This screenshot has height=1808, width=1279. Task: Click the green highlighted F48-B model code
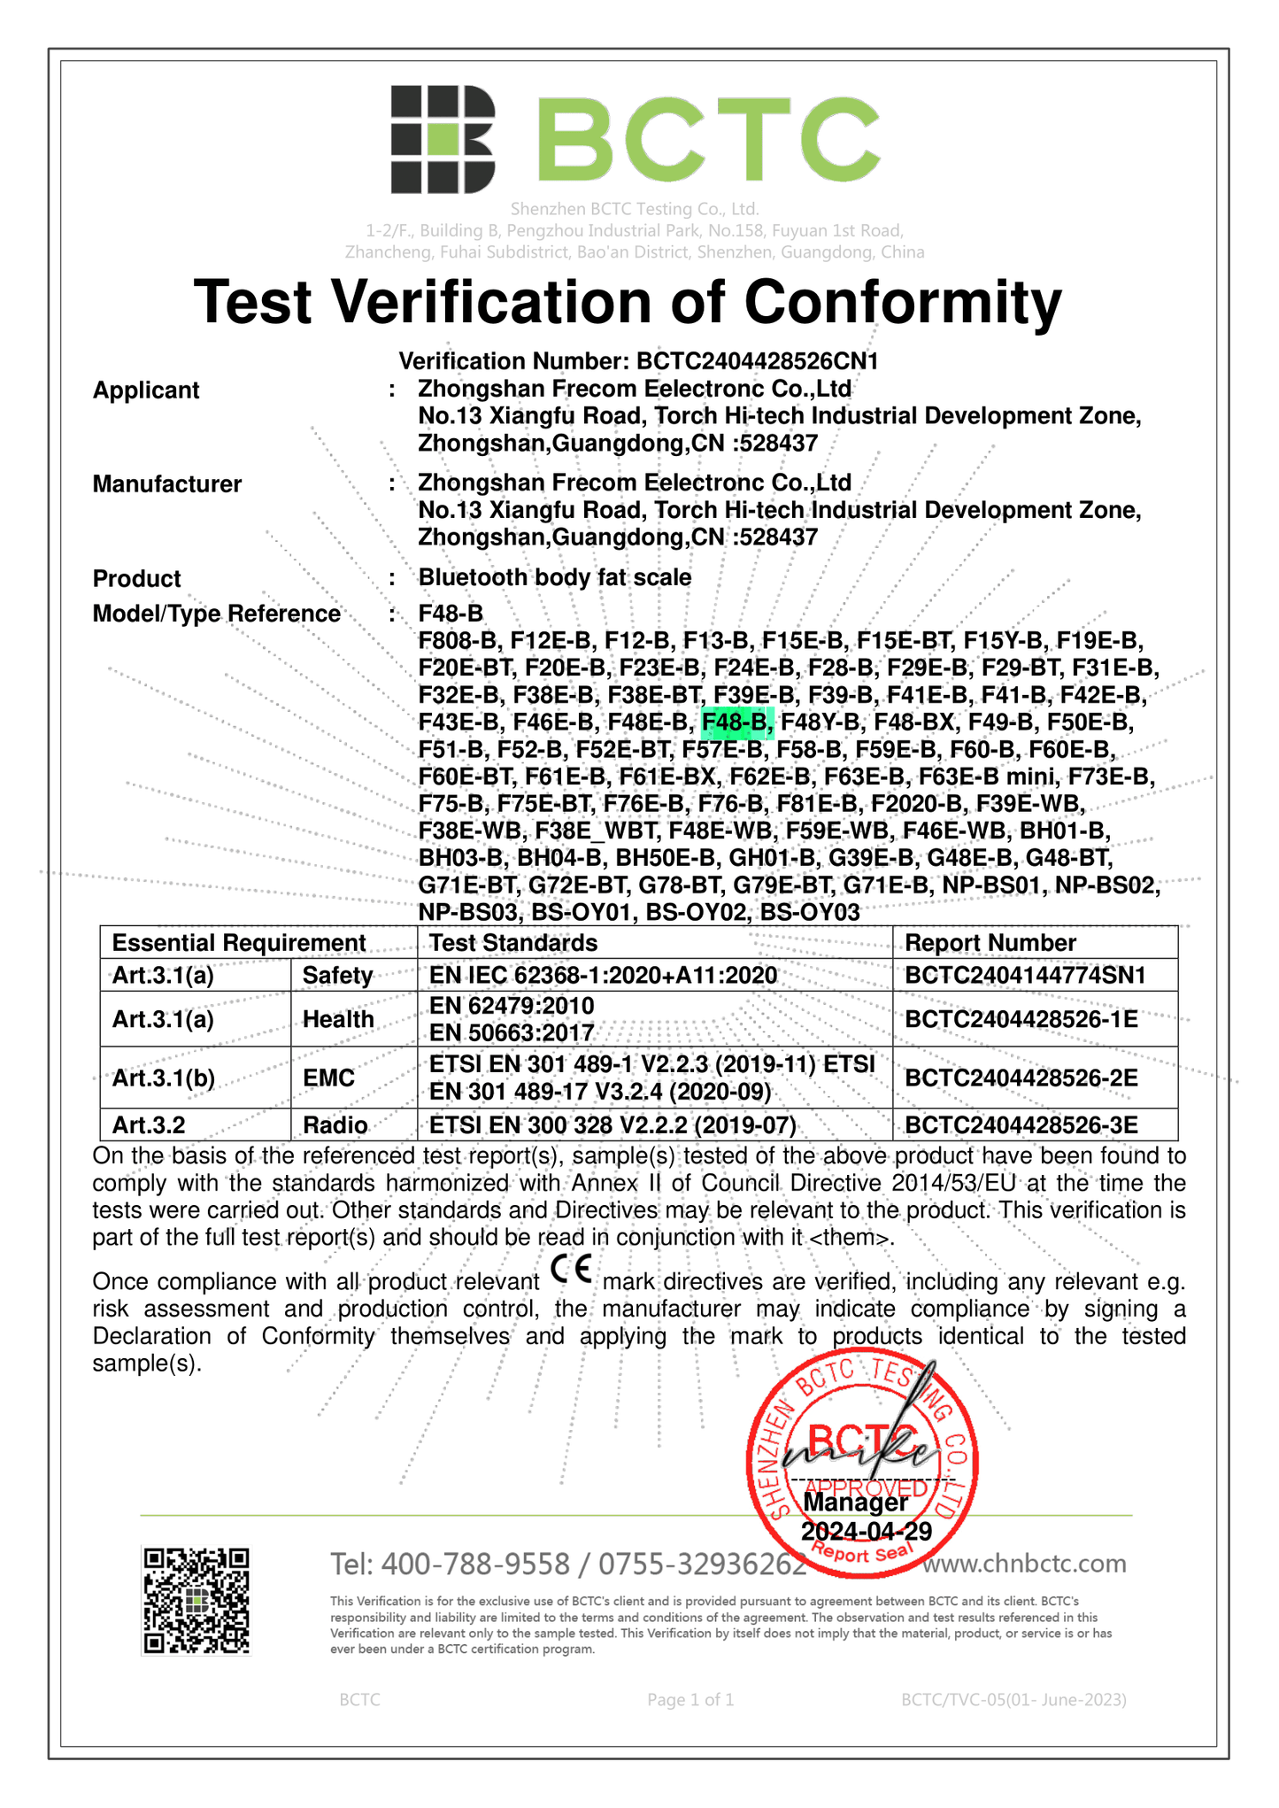pos(736,723)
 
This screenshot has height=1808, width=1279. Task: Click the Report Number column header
pos(990,943)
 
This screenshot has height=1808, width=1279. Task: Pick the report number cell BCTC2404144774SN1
pos(1025,976)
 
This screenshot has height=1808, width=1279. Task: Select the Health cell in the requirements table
pos(338,1019)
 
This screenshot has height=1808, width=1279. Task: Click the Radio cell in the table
pos(335,1125)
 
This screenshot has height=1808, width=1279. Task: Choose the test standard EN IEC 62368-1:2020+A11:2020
pos(604,976)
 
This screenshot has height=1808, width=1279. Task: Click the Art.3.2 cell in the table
pos(150,1125)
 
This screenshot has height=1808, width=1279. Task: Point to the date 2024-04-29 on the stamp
pos(866,1532)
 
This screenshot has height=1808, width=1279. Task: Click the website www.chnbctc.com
pos(1024,1564)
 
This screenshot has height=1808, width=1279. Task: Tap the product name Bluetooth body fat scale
pos(555,577)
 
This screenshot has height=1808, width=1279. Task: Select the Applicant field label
pos(146,390)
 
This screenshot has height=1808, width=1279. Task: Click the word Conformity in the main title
pos(902,303)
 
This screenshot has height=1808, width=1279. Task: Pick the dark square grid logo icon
pos(443,139)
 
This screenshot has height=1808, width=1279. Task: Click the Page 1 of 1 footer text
pos(690,1699)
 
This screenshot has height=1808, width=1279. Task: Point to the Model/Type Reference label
pos(217,614)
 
